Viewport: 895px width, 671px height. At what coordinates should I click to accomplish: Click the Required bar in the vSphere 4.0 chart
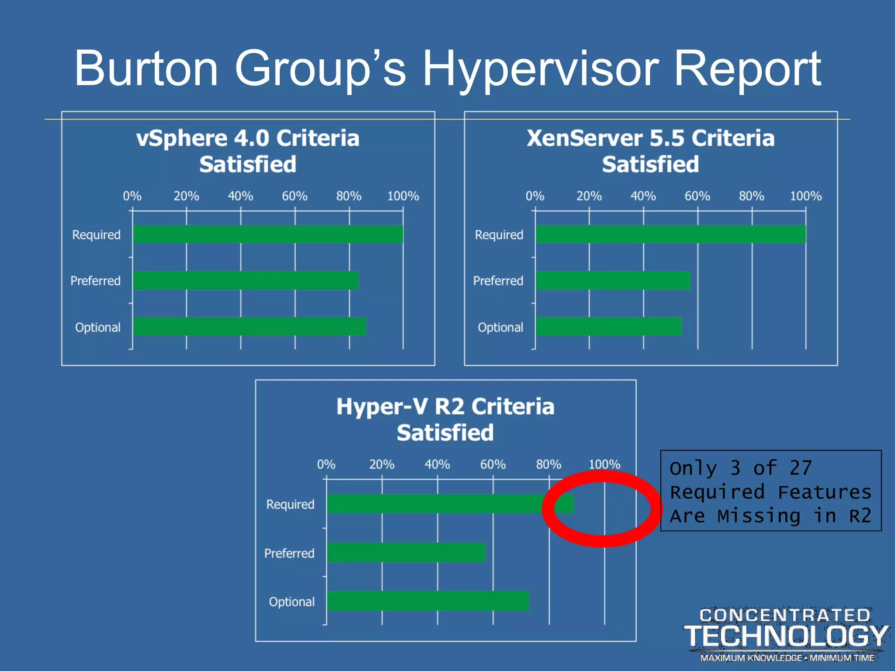pos(267,234)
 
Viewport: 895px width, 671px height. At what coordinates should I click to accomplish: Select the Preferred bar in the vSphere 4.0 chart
pos(245,280)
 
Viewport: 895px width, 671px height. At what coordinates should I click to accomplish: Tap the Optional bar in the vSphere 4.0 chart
pos(249,326)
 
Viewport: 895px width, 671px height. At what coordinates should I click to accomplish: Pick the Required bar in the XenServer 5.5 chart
pos(670,234)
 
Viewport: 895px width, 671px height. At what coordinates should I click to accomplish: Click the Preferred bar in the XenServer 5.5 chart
pos(613,280)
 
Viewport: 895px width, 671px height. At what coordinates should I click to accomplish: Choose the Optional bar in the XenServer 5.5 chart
pos(608,326)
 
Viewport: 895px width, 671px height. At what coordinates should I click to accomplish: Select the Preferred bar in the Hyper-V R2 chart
pos(406,552)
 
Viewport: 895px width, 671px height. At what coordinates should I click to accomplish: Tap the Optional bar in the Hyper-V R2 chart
pos(428,601)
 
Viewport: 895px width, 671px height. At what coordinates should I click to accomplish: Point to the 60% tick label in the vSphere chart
pos(295,196)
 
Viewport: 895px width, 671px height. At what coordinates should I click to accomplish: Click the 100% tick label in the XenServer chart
pos(805,196)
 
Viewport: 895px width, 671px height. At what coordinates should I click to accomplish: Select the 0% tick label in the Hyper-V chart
pos(326,464)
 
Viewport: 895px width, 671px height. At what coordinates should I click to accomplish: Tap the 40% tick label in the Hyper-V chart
pos(437,464)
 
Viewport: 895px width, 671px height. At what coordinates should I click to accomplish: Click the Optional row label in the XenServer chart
pos(500,328)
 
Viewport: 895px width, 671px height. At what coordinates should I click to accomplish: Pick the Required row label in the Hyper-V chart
pos(290,505)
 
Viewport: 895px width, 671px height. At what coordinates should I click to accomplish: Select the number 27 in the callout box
pos(801,468)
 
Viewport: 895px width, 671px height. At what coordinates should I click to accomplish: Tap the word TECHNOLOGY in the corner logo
pos(786,636)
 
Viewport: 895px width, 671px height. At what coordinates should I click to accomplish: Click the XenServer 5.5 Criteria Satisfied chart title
pos(650,151)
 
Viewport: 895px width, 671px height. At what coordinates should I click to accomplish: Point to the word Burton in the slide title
pos(146,69)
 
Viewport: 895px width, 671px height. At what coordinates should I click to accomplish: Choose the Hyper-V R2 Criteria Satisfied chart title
pos(445,419)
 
